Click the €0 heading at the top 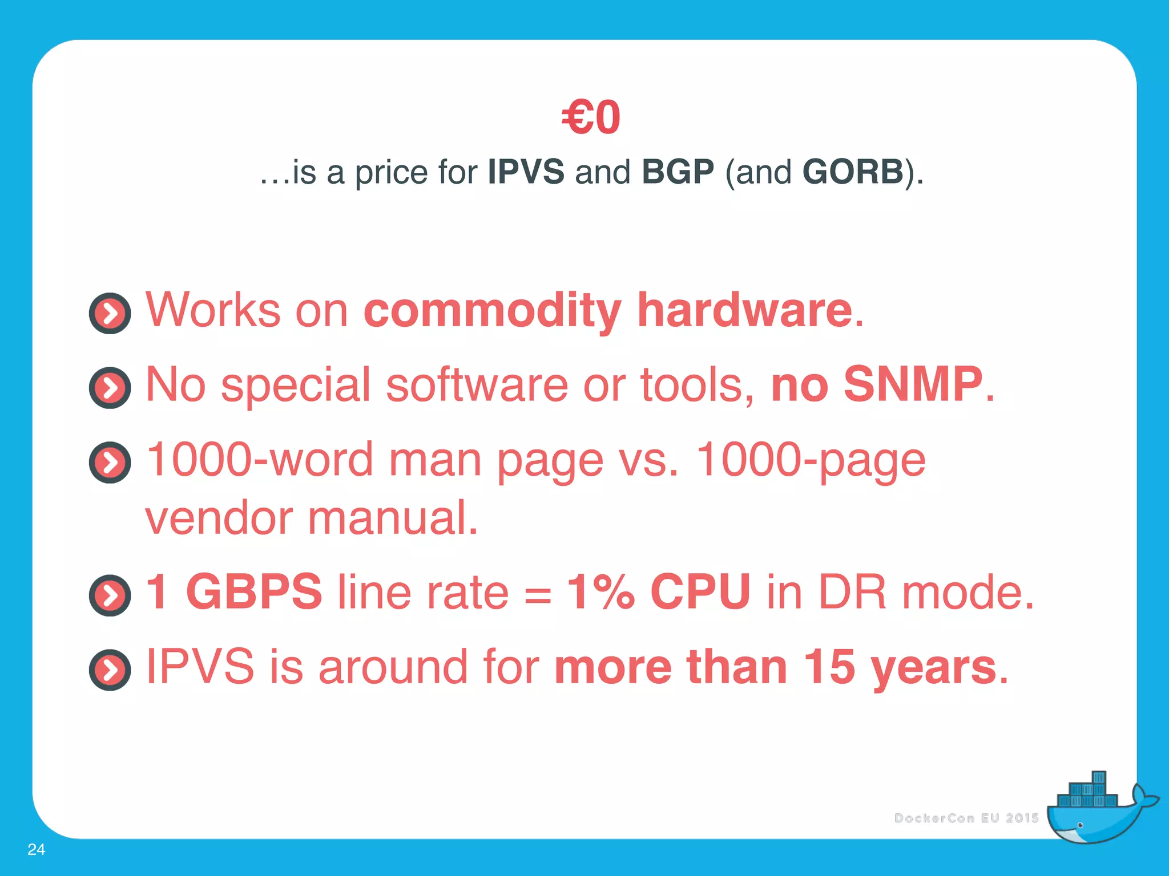pos(591,117)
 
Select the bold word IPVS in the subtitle pos(526,172)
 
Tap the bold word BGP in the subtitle pos(678,172)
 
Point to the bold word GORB pos(853,172)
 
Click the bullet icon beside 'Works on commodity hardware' pos(110,313)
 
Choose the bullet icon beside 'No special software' pos(110,388)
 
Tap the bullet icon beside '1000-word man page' pos(110,463)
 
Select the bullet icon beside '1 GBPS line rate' pos(110,595)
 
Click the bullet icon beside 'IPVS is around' pos(110,670)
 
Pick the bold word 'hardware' pos(744,311)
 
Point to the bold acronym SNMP pos(913,385)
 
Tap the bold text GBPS pos(254,592)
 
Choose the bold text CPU pos(700,592)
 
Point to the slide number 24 pos(36,849)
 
